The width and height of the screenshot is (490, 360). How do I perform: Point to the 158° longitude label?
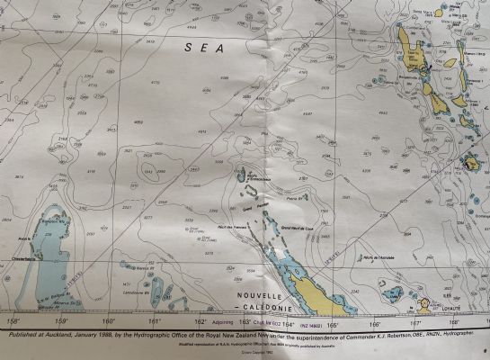pyautogui.click(x=13, y=320)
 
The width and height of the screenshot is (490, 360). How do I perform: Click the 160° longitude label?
pyautogui.click(x=109, y=320)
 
